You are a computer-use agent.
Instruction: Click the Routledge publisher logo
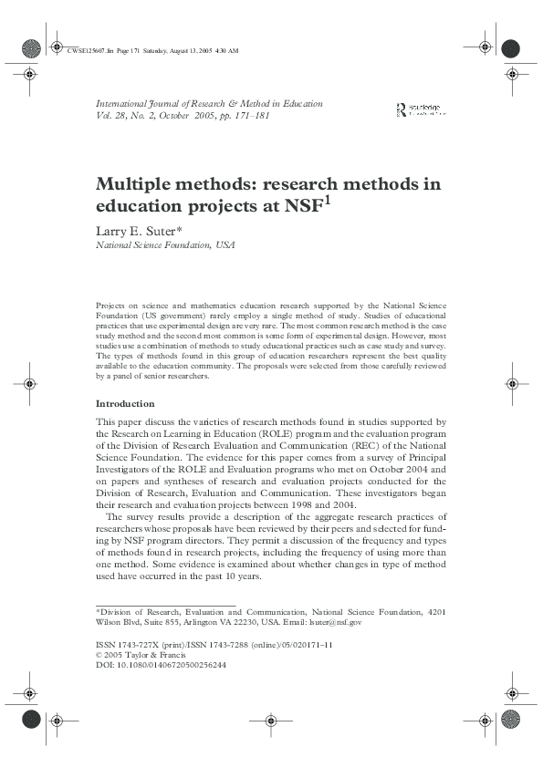[421, 109]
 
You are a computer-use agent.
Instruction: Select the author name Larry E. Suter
[139, 230]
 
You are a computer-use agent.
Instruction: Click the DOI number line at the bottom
[162, 665]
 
